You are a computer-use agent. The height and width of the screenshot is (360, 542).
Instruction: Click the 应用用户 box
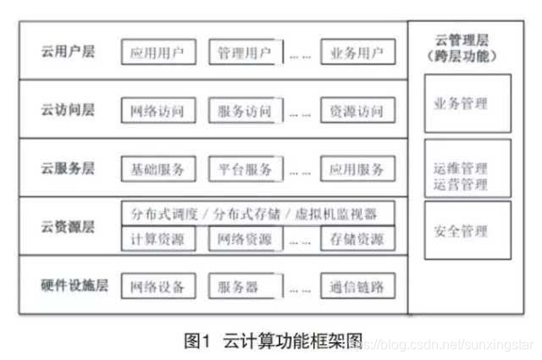coord(158,52)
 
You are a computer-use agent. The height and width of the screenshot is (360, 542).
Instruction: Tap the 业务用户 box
coord(357,52)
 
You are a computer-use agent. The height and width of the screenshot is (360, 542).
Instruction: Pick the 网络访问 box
coord(158,111)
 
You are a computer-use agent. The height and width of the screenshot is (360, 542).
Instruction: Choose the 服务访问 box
coord(244,111)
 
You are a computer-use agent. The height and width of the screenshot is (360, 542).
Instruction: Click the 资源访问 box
coord(357,111)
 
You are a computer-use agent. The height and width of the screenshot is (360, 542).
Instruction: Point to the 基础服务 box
coord(158,169)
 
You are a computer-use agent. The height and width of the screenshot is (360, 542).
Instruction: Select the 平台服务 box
coord(244,169)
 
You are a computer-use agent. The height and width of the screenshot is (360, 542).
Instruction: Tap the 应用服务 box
coord(357,169)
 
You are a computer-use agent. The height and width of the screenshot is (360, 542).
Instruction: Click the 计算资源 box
coord(158,239)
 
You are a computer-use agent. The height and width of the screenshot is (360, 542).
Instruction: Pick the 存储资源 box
coord(357,239)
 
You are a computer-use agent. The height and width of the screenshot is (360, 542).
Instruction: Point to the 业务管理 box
coord(467,103)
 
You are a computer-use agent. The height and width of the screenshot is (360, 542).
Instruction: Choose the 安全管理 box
coord(467,230)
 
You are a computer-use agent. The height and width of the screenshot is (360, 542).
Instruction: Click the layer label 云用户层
coord(68,52)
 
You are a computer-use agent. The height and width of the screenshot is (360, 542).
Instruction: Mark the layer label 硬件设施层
coord(75,285)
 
